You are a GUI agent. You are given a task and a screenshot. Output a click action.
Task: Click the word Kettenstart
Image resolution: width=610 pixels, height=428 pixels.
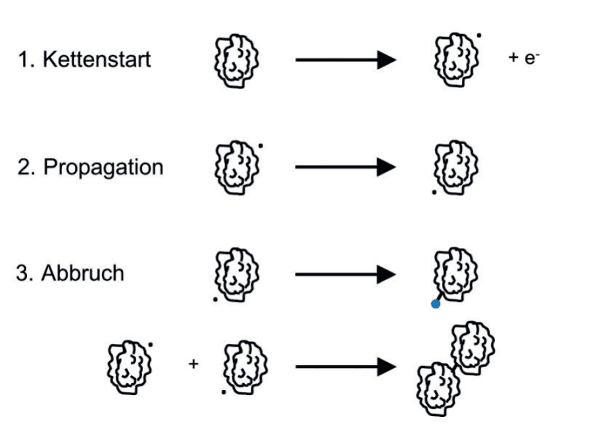pos(97,59)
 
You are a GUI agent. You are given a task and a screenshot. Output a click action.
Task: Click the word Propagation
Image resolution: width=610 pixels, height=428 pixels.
pos(103,168)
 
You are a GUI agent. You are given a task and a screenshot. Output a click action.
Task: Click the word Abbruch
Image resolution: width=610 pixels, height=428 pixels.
pos(83,273)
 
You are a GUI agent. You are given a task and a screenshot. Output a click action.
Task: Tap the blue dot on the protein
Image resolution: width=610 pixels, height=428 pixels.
pos(436,304)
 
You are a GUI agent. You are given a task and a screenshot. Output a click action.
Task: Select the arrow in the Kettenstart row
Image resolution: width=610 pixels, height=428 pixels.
pos(346,60)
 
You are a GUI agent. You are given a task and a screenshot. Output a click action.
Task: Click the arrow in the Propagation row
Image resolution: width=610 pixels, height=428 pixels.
pos(346,167)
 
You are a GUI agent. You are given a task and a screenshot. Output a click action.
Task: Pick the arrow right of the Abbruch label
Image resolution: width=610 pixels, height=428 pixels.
pos(346,274)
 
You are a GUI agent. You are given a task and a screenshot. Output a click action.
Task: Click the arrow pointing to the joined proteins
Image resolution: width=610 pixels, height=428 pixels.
pos(346,367)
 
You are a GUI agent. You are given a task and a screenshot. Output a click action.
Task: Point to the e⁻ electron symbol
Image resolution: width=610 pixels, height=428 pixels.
pos(532,58)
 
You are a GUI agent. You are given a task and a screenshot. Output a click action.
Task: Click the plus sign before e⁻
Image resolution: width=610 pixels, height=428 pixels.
pos(513,58)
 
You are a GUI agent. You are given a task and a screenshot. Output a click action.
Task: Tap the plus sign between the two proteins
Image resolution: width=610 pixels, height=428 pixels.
pos(193,364)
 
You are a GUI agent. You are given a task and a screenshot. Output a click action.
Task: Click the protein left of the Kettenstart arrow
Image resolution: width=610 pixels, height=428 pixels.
pos(236,61)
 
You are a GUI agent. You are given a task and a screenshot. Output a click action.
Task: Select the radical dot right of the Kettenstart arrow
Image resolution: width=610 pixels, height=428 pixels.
pos(479,36)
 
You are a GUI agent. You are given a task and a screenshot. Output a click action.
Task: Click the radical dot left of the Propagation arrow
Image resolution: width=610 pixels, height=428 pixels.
pos(261,146)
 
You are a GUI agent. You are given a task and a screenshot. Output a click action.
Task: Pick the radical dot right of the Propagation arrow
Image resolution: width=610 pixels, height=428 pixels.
pos(434,192)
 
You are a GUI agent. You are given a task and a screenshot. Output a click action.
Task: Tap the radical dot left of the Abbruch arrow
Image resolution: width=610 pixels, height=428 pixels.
pos(216,299)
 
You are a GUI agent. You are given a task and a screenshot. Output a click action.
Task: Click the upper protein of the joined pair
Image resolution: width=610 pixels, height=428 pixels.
pos(472,348)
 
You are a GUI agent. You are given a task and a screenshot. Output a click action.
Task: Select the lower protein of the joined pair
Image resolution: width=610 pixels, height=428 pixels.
pos(438,389)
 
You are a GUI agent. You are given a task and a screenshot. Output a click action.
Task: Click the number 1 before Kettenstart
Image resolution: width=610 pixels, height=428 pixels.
pos(24,60)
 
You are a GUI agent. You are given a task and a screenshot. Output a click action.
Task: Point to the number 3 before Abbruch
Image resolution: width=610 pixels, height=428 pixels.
pos(23,273)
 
